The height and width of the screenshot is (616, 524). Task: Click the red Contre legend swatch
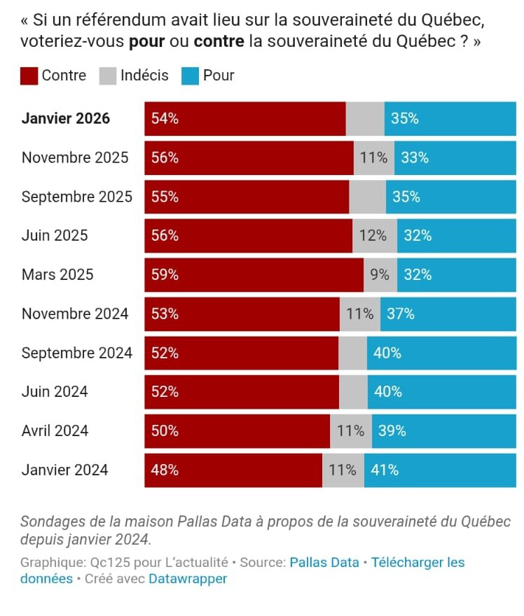(x=29, y=76)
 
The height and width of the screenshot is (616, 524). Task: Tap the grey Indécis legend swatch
(x=108, y=76)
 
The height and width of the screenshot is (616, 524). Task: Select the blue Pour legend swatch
(x=190, y=76)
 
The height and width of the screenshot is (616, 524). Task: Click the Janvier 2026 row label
(x=66, y=118)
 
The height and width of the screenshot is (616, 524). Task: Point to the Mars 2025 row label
(x=57, y=274)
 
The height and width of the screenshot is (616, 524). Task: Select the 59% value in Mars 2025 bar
(x=165, y=275)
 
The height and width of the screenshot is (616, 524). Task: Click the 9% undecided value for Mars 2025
(x=380, y=275)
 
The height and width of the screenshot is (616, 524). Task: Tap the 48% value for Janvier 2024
(x=165, y=470)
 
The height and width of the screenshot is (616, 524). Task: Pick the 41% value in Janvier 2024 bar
(x=385, y=470)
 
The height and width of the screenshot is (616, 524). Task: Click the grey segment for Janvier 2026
(x=364, y=118)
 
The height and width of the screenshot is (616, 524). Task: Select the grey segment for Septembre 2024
(x=352, y=353)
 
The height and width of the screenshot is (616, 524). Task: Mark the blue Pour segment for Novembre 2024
(x=448, y=314)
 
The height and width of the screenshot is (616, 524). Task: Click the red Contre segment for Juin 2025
(x=249, y=236)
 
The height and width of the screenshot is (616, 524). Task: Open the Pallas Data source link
(x=324, y=562)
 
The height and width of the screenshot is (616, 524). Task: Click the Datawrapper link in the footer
(x=188, y=579)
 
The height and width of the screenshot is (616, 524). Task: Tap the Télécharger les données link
(x=418, y=562)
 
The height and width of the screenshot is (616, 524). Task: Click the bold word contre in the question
(x=219, y=41)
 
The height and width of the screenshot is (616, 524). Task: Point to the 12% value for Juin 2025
(x=373, y=236)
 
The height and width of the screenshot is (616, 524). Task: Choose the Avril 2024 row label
(x=55, y=431)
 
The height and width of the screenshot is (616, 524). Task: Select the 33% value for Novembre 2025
(x=415, y=157)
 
